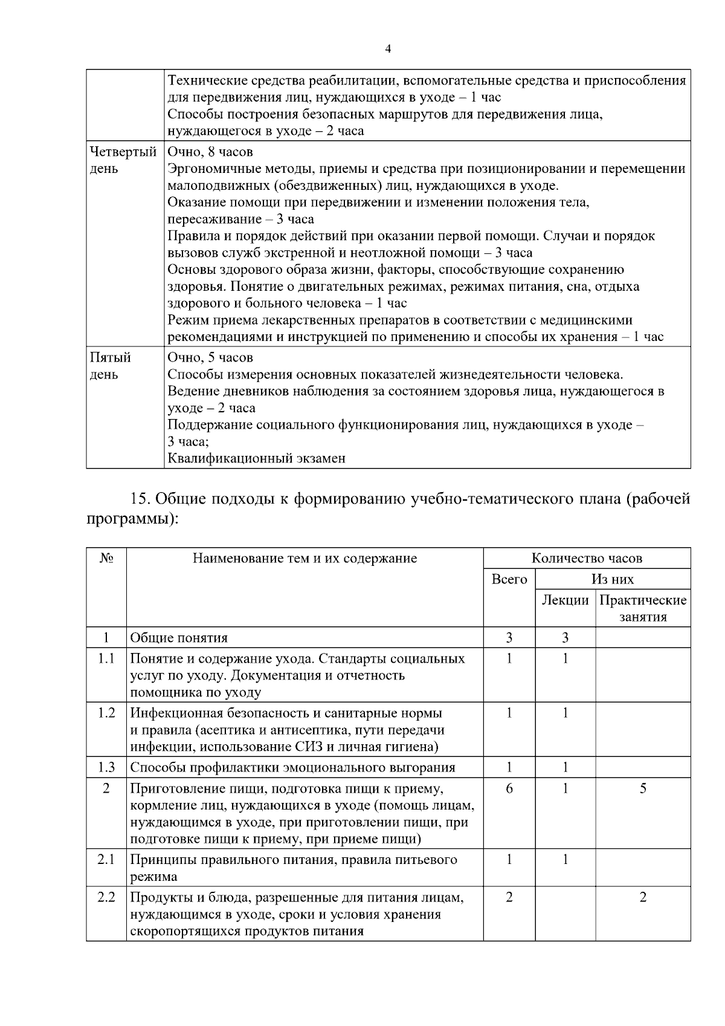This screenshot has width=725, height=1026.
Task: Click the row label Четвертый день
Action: (x=123, y=160)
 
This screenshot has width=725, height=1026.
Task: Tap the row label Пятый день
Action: (x=110, y=365)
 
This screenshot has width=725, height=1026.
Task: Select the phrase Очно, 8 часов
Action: (x=210, y=152)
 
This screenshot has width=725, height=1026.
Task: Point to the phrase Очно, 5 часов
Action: (x=210, y=357)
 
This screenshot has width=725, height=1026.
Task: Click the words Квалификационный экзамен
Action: (x=256, y=458)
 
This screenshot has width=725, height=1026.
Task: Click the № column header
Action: (x=106, y=558)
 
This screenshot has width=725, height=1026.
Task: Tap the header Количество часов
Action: (x=587, y=558)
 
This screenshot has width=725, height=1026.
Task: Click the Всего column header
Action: (x=509, y=579)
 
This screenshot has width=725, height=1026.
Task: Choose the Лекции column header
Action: (x=565, y=600)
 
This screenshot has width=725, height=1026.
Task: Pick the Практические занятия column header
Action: (x=643, y=608)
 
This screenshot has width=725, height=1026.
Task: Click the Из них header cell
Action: (x=613, y=579)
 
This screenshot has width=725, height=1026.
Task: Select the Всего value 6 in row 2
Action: (x=509, y=788)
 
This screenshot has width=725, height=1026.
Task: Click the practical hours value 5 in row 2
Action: (x=643, y=788)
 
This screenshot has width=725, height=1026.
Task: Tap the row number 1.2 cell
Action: (x=106, y=713)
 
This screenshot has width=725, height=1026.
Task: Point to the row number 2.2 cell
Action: (x=106, y=897)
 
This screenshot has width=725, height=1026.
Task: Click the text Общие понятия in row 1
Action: (x=179, y=637)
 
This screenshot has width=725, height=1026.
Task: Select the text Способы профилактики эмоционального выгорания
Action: (x=293, y=768)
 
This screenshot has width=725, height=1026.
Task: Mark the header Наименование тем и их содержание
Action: (x=304, y=558)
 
